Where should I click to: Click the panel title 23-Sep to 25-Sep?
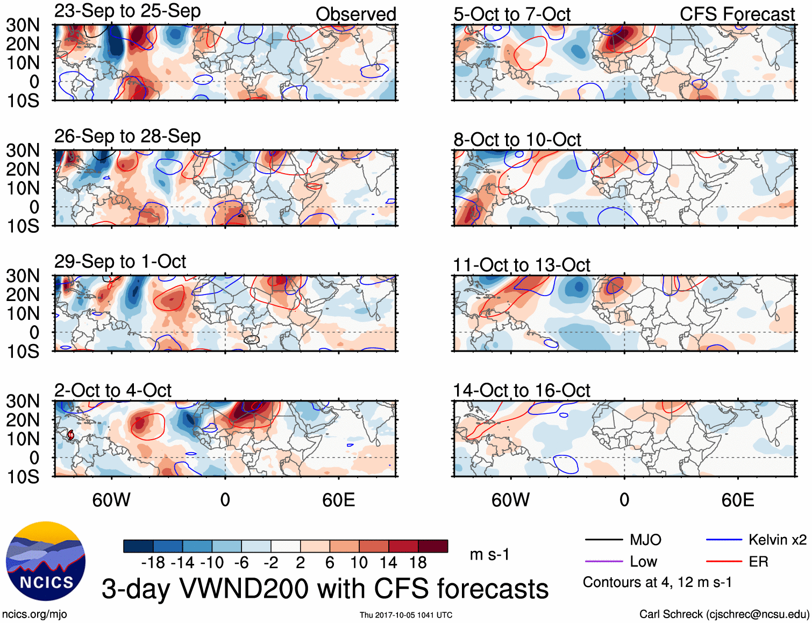[x=127, y=11]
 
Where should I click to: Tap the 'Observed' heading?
[x=355, y=15]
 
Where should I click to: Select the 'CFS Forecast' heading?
[x=737, y=15]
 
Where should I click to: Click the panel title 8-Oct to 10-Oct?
[x=517, y=140]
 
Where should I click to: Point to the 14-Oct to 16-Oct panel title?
[x=521, y=390]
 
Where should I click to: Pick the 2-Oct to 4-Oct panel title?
[x=113, y=390]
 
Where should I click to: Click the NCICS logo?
[x=46, y=561]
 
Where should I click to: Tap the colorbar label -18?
[x=153, y=563]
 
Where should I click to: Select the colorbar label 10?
[x=359, y=563]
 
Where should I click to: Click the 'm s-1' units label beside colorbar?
[x=489, y=554]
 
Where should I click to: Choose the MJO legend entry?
[x=645, y=540]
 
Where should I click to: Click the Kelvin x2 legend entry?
[x=777, y=540]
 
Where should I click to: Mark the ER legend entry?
[x=758, y=562]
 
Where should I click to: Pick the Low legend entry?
[x=643, y=562]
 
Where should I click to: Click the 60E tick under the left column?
[x=338, y=500]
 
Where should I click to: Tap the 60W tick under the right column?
[x=510, y=500]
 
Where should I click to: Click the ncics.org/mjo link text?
[x=34, y=614]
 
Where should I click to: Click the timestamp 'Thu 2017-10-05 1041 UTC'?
[x=406, y=615]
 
